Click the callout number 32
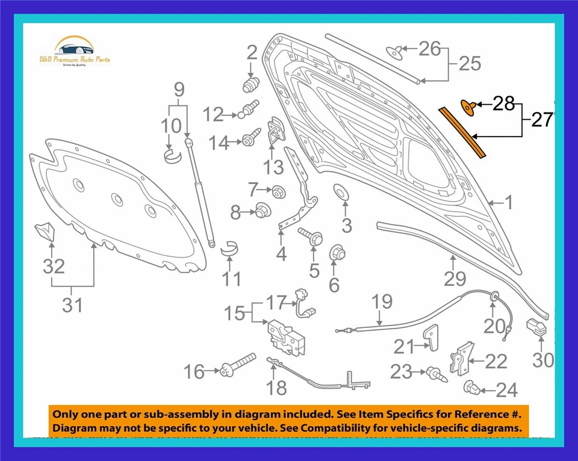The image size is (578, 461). tap(54, 266)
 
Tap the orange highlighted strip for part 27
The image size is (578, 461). tap(462, 131)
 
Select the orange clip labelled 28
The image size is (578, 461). tap(468, 107)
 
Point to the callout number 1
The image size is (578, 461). tap(508, 202)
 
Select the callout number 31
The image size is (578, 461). tap(72, 305)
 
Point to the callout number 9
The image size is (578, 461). tap(179, 90)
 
